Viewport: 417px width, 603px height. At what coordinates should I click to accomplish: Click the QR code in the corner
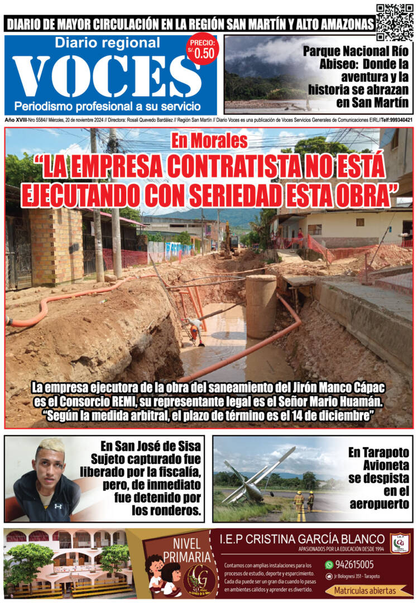point(395,22)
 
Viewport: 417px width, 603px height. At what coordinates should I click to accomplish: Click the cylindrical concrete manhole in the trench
point(261,305)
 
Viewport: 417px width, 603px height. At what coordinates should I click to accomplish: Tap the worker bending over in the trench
point(195,329)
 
